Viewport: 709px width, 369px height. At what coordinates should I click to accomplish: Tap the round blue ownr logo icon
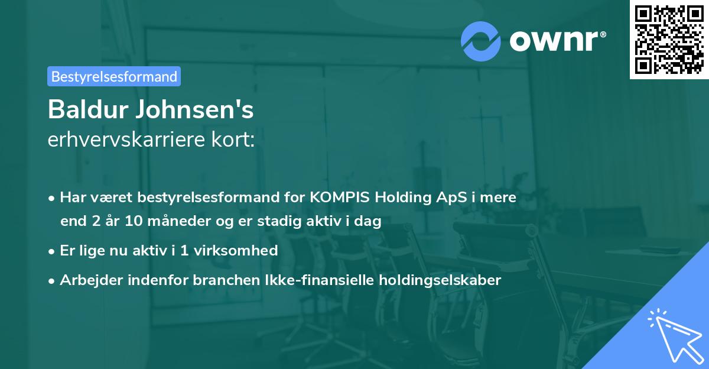click(481, 40)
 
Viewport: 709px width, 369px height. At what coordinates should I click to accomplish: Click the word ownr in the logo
click(557, 40)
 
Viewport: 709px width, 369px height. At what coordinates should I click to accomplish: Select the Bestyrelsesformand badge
click(114, 76)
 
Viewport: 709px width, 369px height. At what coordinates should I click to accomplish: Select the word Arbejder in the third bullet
click(87, 280)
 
